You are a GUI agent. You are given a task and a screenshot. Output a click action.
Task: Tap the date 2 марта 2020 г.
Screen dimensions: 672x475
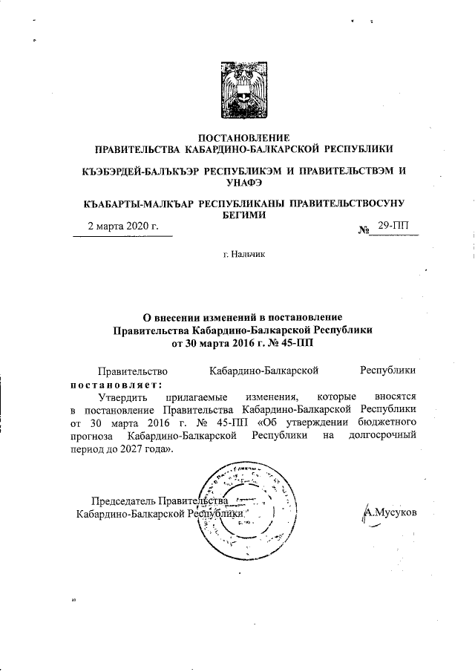pyautogui.click(x=123, y=226)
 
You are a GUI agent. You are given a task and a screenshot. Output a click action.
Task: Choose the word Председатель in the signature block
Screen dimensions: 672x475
pyautogui.click(x=122, y=500)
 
